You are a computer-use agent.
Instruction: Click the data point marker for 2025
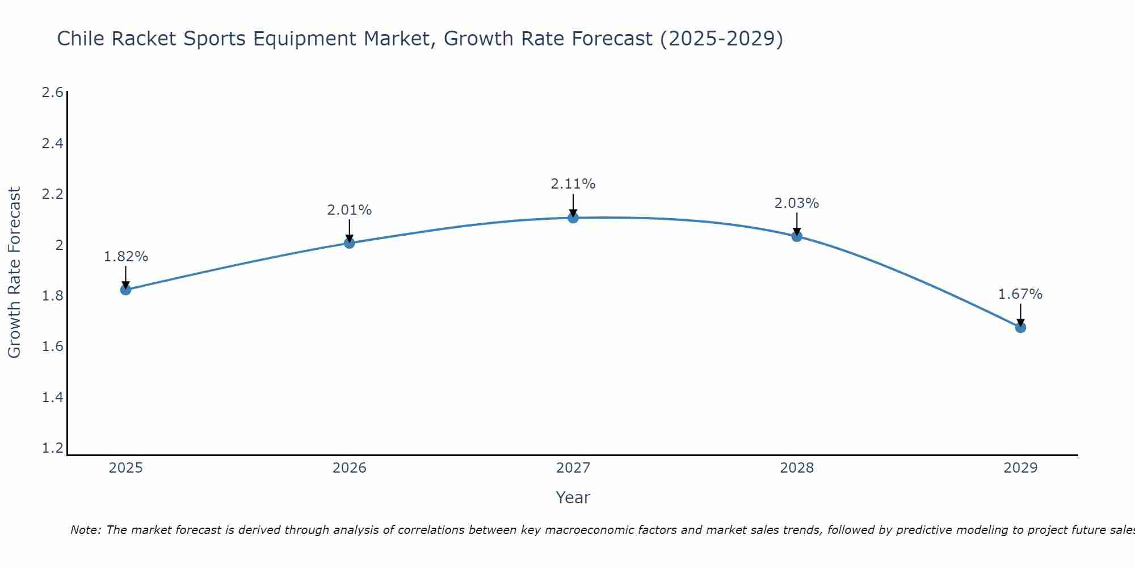pyautogui.click(x=125, y=290)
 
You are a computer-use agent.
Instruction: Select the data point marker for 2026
pyautogui.click(x=350, y=243)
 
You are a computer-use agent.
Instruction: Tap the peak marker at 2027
pyautogui.click(x=573, y=218)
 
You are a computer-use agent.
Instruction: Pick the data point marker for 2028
pyautogui.click(x=797, y=236)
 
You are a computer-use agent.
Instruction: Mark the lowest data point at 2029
pyautogui.click(x=1020, y=327)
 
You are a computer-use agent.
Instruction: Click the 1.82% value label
pyautogui.click(x=125, y=257)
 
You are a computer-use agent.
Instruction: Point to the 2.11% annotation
pyautogui.click(x=573, y=184)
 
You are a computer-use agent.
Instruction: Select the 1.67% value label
pyautogui.click(x=1020, y=294)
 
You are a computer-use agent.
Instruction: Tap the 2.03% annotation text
pyautogui.click(x=797, y=203)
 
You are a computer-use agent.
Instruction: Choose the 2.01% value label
pyautogui.click(x=350, y=210)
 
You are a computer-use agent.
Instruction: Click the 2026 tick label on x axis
pyautogui.click(x=350, y=468)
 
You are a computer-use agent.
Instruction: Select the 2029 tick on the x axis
pyautogui.click(x=1020, y=468)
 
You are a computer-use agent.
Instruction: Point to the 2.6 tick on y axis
pyautogui.click(x=52, y=93)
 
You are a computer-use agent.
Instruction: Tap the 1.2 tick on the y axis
pyautogui.click(x=52, y=448)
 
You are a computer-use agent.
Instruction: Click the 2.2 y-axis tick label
pyautogui.click(x=52, y=194)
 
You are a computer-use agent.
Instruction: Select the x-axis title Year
pyautogui.click(x=573, y=498)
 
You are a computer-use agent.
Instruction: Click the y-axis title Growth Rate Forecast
pyautogui.click(x=14, y=273)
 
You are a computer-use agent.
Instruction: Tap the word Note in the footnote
pyautogui.click(x=85, y=530)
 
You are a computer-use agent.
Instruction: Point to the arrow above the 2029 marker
pyautogui.click(x=1020, y=314)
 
